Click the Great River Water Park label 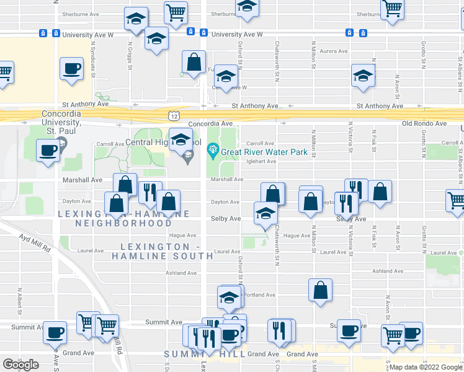(x=264, y=152)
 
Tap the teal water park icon (x=213, y=149)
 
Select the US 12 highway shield (x=174, y=116)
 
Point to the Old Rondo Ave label (x=424, y=123)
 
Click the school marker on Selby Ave (x=265, y=214)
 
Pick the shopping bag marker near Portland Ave (x=320, y=291)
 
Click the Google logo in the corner (x=20, y=365)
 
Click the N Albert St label (x=20, y=299)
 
